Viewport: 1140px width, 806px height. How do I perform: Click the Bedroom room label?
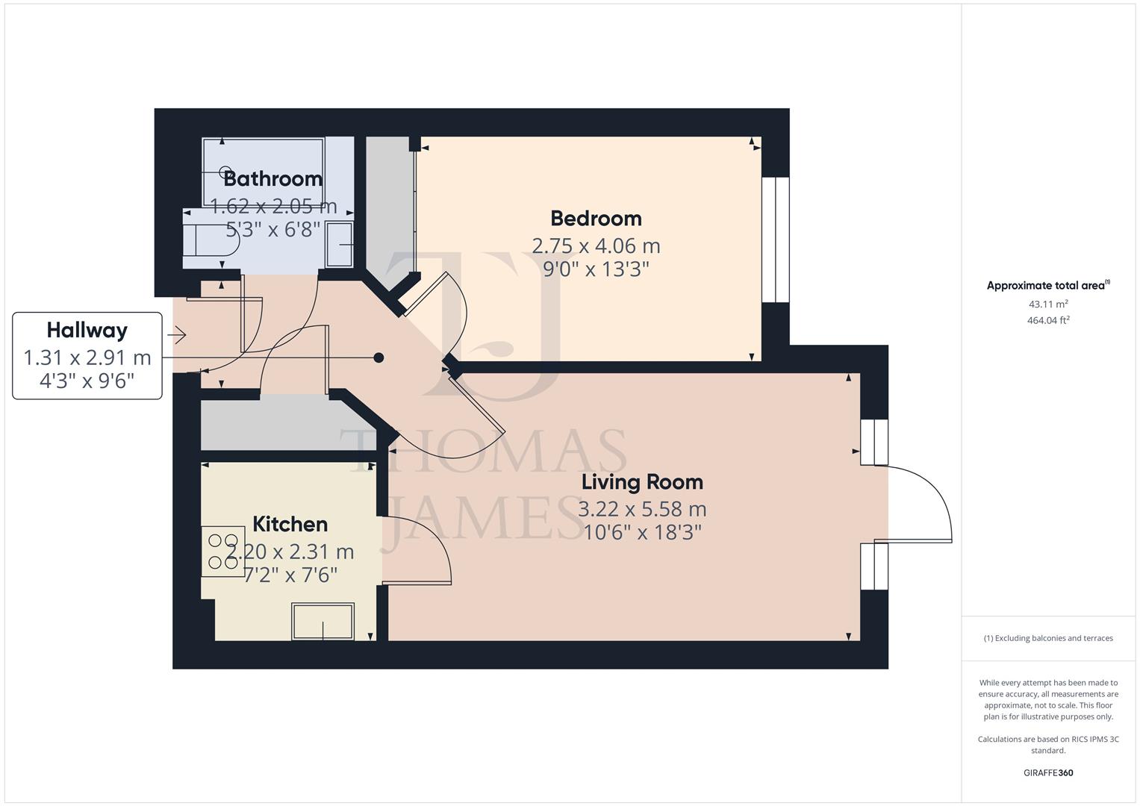[596, 219]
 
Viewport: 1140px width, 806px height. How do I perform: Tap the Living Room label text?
[642, 482]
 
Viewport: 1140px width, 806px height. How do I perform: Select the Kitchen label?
[290, 525]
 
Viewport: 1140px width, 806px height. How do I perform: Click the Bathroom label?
[272, 179]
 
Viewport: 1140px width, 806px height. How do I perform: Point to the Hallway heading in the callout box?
[87, 330]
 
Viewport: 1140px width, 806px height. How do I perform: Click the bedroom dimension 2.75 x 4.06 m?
[596, 246]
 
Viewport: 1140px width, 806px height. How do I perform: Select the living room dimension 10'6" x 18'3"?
[642, 532]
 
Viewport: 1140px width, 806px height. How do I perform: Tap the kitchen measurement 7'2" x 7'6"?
[291, 575]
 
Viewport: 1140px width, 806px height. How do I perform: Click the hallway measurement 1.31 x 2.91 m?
[87, 358]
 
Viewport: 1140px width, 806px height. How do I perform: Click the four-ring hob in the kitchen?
[222, 552]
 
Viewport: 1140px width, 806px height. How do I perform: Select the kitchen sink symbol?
[323, 622]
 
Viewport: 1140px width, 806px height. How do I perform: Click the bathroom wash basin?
[340, 243]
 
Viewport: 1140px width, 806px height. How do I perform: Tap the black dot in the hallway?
[379, 357]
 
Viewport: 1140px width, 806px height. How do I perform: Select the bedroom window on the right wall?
[775, 240]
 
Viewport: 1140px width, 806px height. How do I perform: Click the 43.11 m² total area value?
[1047, 304]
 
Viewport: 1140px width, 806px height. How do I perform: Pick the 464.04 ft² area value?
[1047, 320]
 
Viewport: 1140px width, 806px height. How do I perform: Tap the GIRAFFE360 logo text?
[1047, 772]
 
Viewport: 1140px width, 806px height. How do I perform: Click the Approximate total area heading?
[1047, 285]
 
